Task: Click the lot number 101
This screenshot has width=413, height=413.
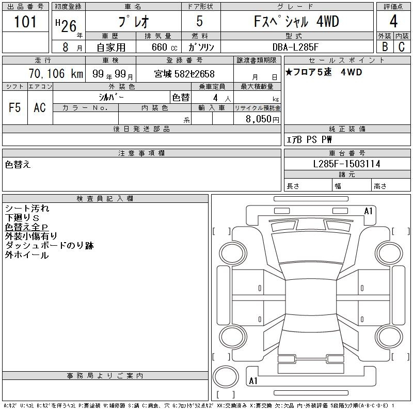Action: tap(26, 22)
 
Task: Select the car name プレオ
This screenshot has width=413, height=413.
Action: tap(133, 22)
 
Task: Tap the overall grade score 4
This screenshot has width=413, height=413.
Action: tap(393, 22)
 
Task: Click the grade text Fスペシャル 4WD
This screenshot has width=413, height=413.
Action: tap(297, 22)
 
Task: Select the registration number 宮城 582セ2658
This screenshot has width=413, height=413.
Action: tap(184, 74)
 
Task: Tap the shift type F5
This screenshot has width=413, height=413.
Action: tap(15, 107)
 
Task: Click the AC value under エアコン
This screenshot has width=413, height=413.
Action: tap(40, 107)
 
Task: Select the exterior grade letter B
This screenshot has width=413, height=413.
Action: tap(385, 47)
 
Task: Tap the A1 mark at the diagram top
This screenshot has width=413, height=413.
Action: tap(369, 211)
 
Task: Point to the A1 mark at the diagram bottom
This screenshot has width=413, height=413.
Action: tap(253, 381)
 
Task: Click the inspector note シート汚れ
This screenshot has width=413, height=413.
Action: tap(27, 209)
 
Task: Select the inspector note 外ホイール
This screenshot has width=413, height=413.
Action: tap(27, 255)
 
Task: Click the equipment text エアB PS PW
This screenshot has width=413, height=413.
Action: tap(309, 139)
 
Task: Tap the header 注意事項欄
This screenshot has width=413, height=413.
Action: tap(141, 153)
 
